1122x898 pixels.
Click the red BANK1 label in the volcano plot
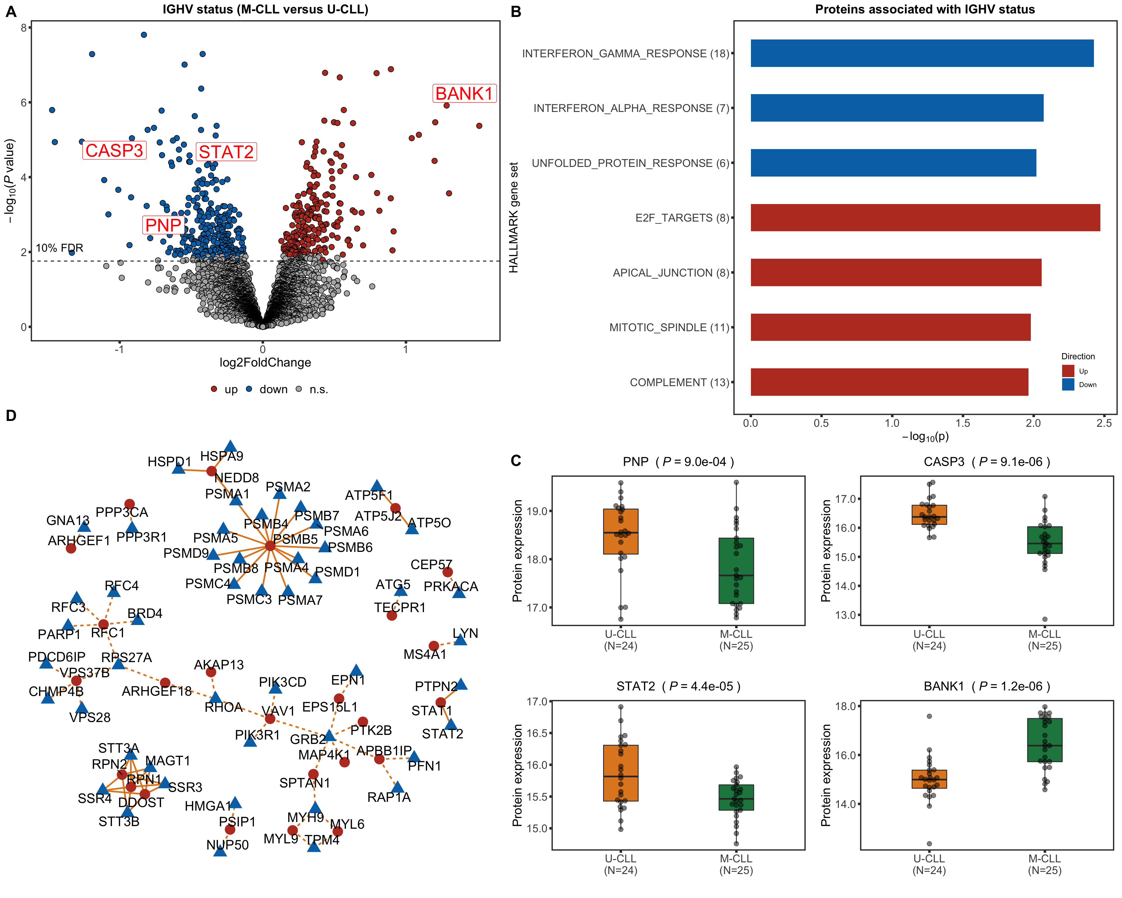coord(464,94)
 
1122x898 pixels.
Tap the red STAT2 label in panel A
coord(226,152)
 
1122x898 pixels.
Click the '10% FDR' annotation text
coord(59,248)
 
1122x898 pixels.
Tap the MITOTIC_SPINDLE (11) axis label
coord(669,327)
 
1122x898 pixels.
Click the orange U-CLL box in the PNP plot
coord(620,531)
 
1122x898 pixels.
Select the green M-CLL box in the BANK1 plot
coord(1045,740)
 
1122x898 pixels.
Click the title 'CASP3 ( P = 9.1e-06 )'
coord(987,462)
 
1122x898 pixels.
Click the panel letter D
coord(11,415)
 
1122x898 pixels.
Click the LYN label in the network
coord(465,633)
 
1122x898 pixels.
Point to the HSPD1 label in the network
coord(169,462)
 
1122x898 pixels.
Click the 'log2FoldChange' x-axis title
coord(265,362)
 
